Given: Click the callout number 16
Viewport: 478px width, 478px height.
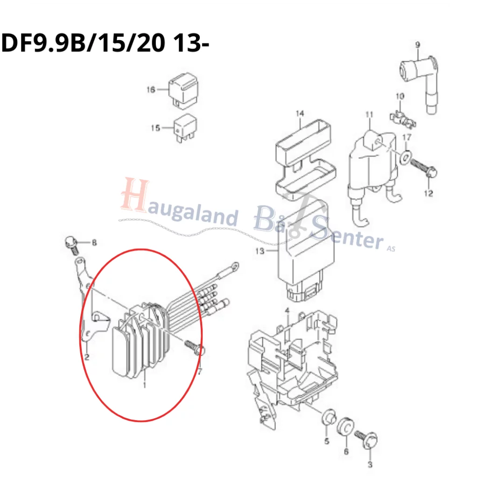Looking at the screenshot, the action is coord(151,90).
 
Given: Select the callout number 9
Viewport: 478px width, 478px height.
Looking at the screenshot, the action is coord(418,45).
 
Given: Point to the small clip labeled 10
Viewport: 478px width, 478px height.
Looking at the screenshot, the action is coord(403,119).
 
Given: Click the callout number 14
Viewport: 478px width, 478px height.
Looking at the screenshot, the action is coord(300,113).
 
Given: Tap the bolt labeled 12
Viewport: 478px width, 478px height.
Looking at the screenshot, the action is coord(423,169).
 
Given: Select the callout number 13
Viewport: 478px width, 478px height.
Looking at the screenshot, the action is coord(260,251).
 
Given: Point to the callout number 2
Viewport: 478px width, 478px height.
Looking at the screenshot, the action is coord(87,357).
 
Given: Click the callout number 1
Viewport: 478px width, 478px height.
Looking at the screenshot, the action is coord(145,385).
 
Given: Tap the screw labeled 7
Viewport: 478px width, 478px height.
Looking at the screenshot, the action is coord(195,347).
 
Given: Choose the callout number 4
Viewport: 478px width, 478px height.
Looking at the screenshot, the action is coord(287,310).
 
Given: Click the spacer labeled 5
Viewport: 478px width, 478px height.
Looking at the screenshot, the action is coord(329,417).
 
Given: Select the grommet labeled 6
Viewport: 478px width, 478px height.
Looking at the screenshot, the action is coord(345,426).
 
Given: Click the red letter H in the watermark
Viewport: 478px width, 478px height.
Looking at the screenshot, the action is coord(134,195).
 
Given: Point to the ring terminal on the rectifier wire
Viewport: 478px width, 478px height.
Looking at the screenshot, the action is coord(234,267).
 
